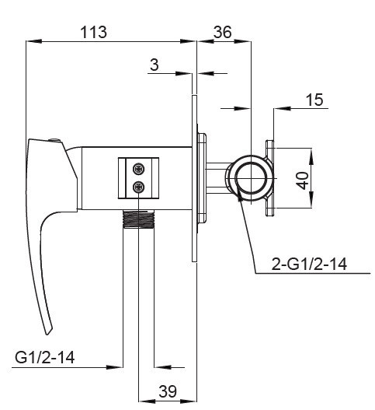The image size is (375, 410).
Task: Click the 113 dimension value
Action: point(93,32)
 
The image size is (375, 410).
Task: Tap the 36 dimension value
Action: point(222,32)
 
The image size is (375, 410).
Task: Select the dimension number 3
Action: point(155,65)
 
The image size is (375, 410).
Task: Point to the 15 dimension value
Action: point(314,100)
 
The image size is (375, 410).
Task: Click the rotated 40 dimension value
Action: point(304,180)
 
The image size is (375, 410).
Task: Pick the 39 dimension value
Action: point(168,391)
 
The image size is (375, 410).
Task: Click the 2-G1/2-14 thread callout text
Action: point(309,264)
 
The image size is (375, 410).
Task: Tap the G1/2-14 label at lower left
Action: point(44,357)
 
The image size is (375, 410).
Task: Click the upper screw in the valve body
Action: point(138,169)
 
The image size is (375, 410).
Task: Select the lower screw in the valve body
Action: point(138,187)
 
